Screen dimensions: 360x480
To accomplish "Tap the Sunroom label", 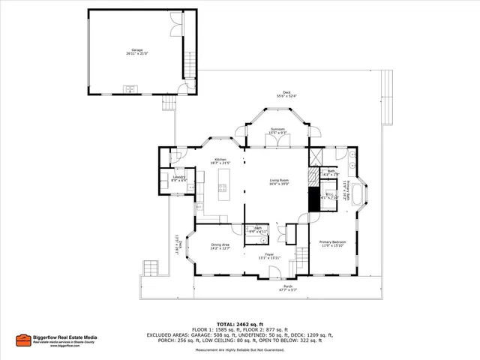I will [x=277, y=130].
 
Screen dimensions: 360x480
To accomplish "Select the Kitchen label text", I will [x=220, y=160].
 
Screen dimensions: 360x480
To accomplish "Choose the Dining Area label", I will [x=220, y=246].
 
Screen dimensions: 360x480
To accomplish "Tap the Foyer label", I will [x=269, y=256].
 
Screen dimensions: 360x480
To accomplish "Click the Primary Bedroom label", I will [x=332, y=243].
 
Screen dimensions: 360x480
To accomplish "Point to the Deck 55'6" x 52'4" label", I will [x=285, y=93].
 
